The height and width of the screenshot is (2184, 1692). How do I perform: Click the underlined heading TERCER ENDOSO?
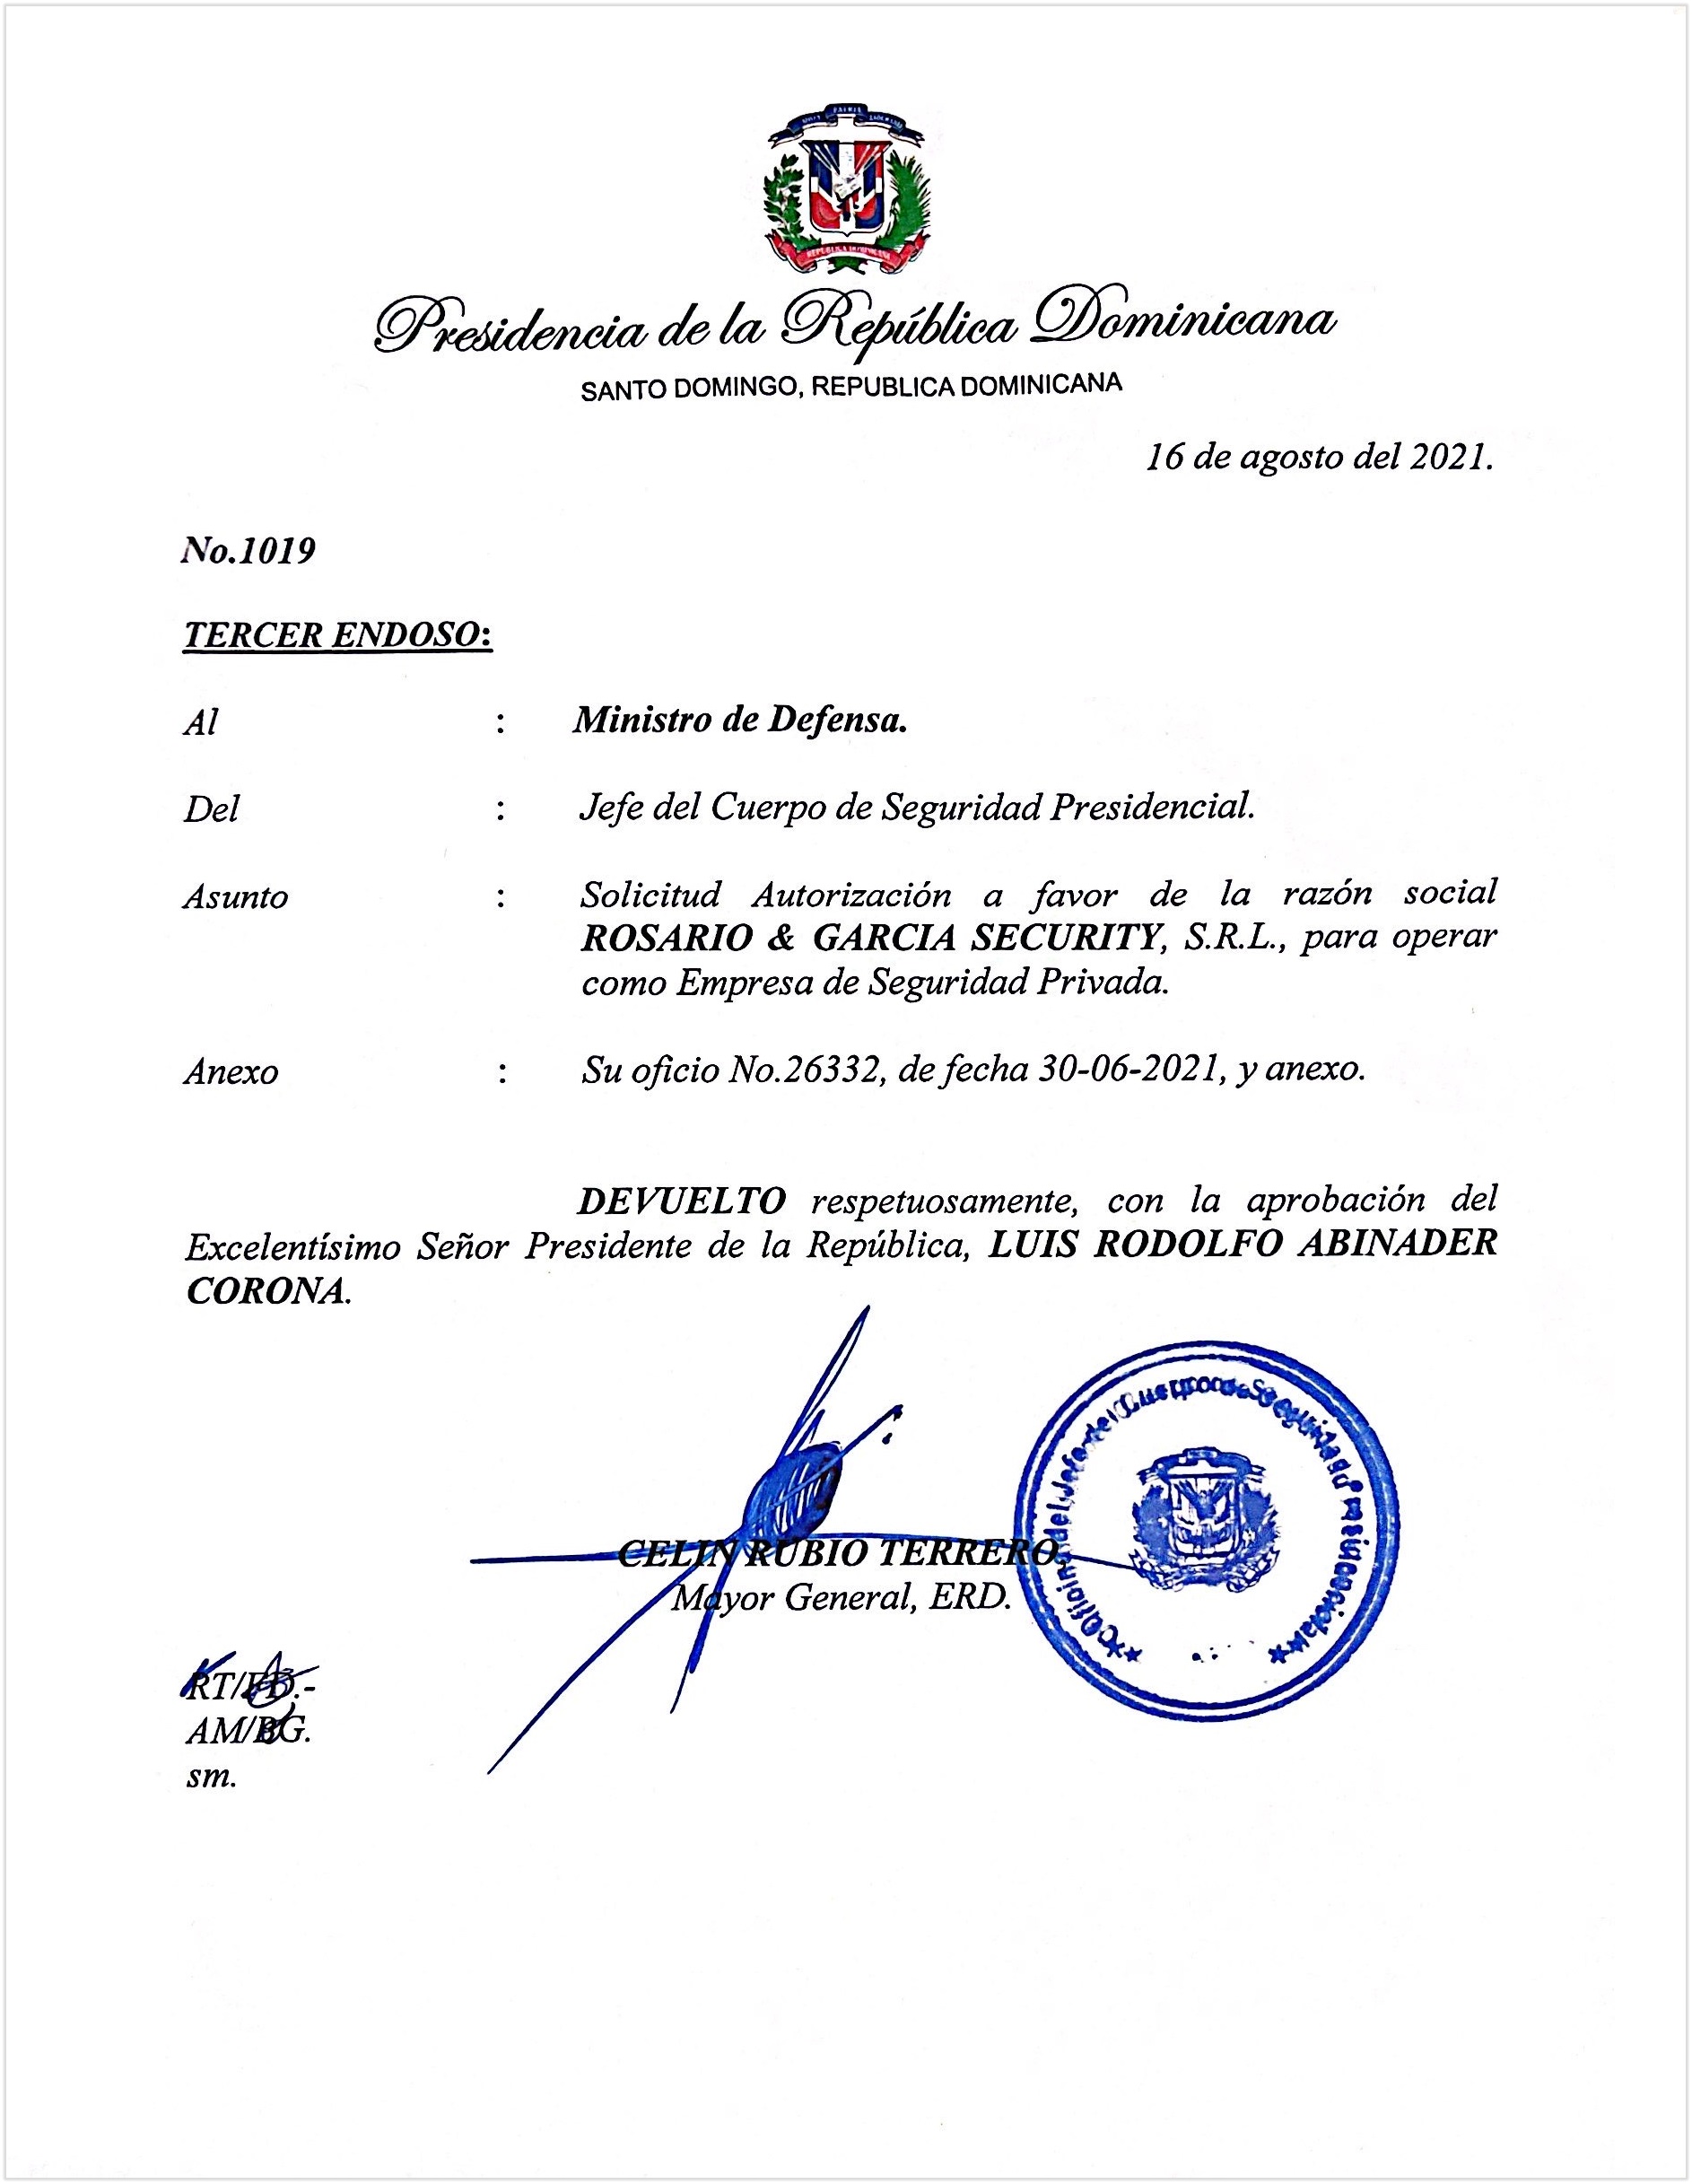point(337,635)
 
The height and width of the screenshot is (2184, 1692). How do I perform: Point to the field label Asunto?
point(235,897)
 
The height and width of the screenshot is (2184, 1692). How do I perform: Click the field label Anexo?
point(231,1073)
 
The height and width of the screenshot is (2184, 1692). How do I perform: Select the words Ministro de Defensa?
point(740,720)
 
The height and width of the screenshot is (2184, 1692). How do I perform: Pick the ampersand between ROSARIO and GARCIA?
point(771,939)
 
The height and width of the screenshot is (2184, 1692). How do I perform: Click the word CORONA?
point(266,1291)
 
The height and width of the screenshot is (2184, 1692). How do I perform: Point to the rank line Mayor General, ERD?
point(841,1598)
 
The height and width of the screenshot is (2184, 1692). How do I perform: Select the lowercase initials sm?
point(211,1777)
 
